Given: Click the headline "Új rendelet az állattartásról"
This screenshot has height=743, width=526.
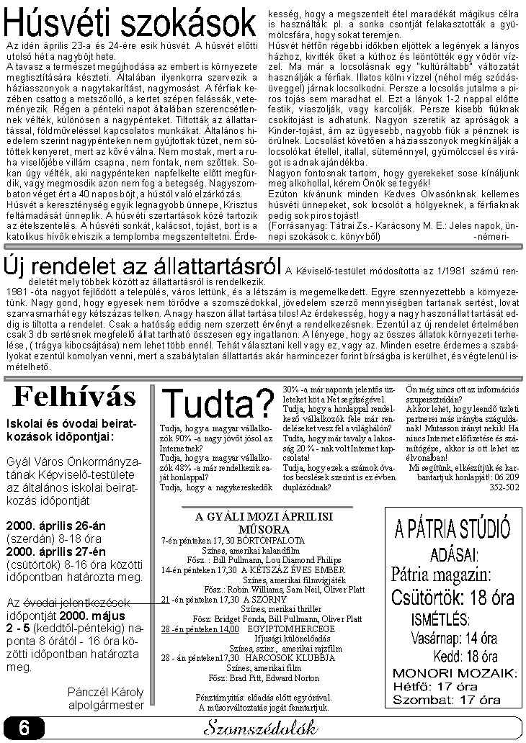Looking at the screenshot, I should (x=142, y=268).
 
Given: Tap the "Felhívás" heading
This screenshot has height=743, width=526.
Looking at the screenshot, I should (x=75, y=395).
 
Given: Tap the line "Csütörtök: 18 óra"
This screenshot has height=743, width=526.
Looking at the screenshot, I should (x=453, y=597).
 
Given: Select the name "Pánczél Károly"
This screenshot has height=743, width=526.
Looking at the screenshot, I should (x=106, y=693).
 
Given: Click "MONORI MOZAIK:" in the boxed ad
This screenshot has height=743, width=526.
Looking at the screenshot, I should (x=454, y=673).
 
